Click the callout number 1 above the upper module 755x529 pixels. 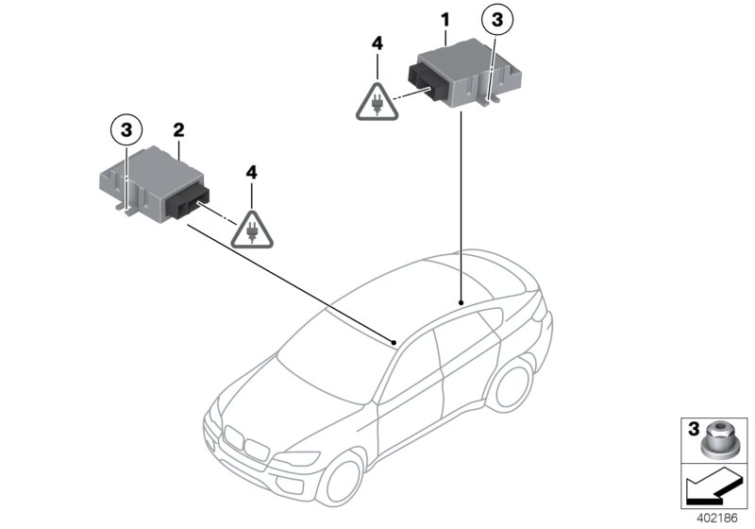[445, 18]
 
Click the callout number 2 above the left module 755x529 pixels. [177, 127]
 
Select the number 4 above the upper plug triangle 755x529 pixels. [377, 43]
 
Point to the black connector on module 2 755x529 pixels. [193, 198]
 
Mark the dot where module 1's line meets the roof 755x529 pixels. [461, 299]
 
